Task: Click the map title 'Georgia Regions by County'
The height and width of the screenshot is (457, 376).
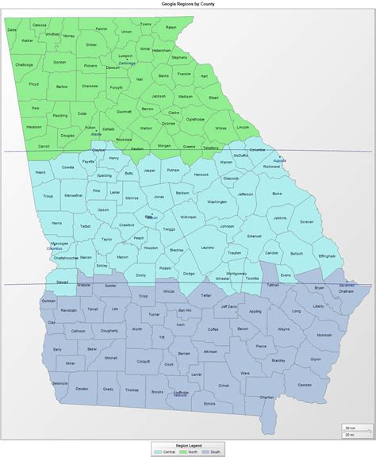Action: pyautogui.click(x=187, y=3)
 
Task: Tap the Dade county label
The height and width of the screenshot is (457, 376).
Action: pyautogui.click(x=12, y=30)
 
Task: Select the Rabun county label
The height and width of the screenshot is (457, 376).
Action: pyautogui.click(x=171, y=28)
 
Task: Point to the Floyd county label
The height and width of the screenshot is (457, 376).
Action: pyautogui.click(x=34, y=83)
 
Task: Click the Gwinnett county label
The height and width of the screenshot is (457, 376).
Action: pyautogui.click(x=125, y=112)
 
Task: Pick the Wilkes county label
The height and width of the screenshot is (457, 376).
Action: pyautogui.click(x=221, y=127)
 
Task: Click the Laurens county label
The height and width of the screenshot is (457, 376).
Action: pyautogui.click(x=207, y=248)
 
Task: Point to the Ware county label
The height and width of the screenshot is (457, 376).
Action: pyautogui.click(x=245, y=372)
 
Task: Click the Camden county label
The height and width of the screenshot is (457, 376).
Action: pyautogui.click(x=305, y=385)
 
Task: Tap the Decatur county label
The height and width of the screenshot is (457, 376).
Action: pyautogui.click(x=82, y=389)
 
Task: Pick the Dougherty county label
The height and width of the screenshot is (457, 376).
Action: pyautogui.click(x=109, y=330)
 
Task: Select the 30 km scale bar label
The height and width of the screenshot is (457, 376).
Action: pyautogui.click(x=349, y=428)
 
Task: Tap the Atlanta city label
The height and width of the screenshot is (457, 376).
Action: pyautogui.click(x=97, y=134)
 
